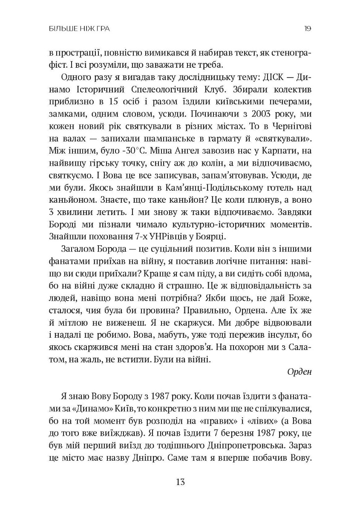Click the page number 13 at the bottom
pyautogui.click(x=180, y=482)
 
